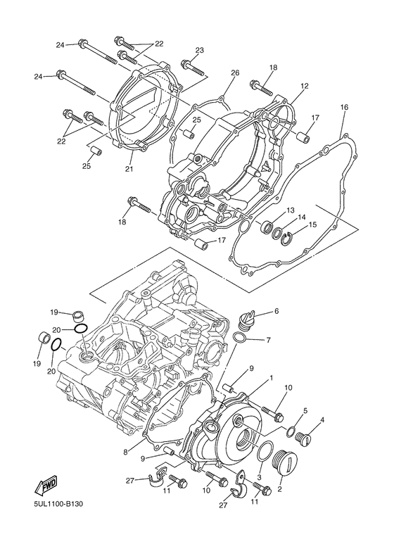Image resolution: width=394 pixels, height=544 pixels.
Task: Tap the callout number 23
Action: pyautogui.click(x=199, y=50)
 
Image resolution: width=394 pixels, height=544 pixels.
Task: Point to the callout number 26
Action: pyautogui.click(x=235, y=73)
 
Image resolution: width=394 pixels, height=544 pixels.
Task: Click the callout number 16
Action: pyautogui.click(x=344, y=108)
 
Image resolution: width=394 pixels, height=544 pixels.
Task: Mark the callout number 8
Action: pyautogui.click(x=125, y=452)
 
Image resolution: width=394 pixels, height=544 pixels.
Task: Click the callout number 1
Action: pyautogui.click(x=269, y=379)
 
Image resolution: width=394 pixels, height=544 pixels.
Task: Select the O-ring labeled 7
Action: pyautogui.click(x=239, y=341)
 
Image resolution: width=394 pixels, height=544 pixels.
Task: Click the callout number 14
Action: pyautogui.click(x=300, y=217)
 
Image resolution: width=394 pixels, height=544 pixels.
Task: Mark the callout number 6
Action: pyautogui.click(x=277, y=311)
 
